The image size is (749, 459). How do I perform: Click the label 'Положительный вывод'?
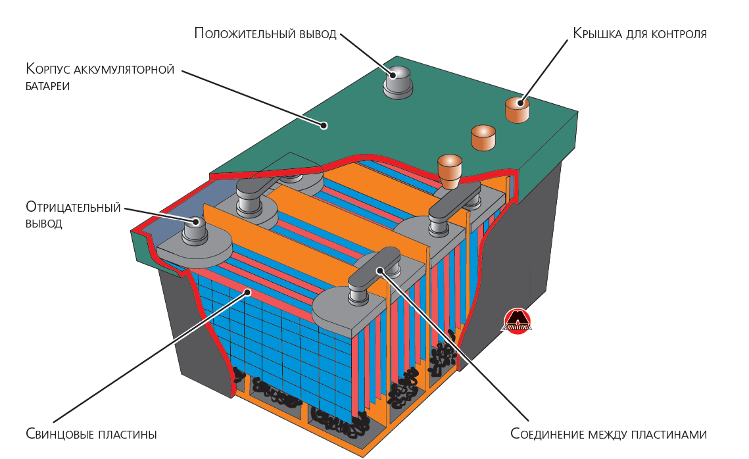tap(265, 34)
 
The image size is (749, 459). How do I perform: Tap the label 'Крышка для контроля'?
tap(639, 34)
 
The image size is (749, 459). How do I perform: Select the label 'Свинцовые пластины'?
tap(91, 434)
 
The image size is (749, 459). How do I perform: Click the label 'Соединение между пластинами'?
tap(608, 434)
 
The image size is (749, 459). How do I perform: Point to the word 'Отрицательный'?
tap(74, 208)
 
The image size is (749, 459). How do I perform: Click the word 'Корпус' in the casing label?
tap(47, 69)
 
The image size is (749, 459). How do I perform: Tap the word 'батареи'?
tap(48, 85)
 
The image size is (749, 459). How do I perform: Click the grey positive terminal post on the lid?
tap(397, 82)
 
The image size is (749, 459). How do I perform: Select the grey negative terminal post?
tap(195, 230)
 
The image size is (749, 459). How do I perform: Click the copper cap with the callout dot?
tap(518, 109)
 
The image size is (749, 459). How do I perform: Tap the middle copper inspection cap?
tap(483, 137)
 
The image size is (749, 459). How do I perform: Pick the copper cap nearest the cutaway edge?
tap(450, 169)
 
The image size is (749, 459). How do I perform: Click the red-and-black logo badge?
tap(517, 322)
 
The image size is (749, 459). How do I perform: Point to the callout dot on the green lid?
tap(324, 124)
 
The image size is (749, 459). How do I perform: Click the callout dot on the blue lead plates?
tap(247, 291)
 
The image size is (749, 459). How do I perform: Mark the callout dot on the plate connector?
tap(379, 270)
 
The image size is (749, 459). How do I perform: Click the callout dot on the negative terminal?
tap(195, 222)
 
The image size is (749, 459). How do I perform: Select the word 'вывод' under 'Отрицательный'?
tap(44, 224)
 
